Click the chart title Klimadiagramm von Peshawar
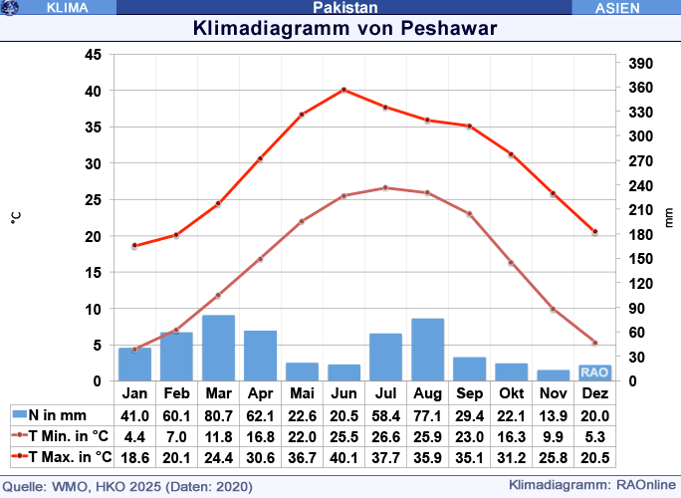pyautogui.click(x=344, y=28)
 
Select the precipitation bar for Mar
pyautogui.click(x=218, y=348)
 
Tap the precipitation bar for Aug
pyautogui.click(x=427, y=350)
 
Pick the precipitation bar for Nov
pyautogui.click(x=553, y=375)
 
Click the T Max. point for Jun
pyautogui.click(x=343, y=90)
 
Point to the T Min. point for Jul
pyautogui.click(x=385, y=187)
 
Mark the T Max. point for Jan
pyautogui.click(x=134, y=245)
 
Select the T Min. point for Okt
pyautogui.click(x=511, y=262)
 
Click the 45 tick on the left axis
pyautogui.click(x=92, y=55)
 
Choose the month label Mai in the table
pyautogui.click(x=302, y=393)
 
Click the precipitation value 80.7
pyautogui.click(x=218, y=415)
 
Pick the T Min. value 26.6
pyautogui.click(x=385, y=436)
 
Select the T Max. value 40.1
pyautogui.click(x=343, y=457)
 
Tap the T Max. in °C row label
pyautogui.click(x=65, y=457)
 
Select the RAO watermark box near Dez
pyautogui.click(x=594, y=372)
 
